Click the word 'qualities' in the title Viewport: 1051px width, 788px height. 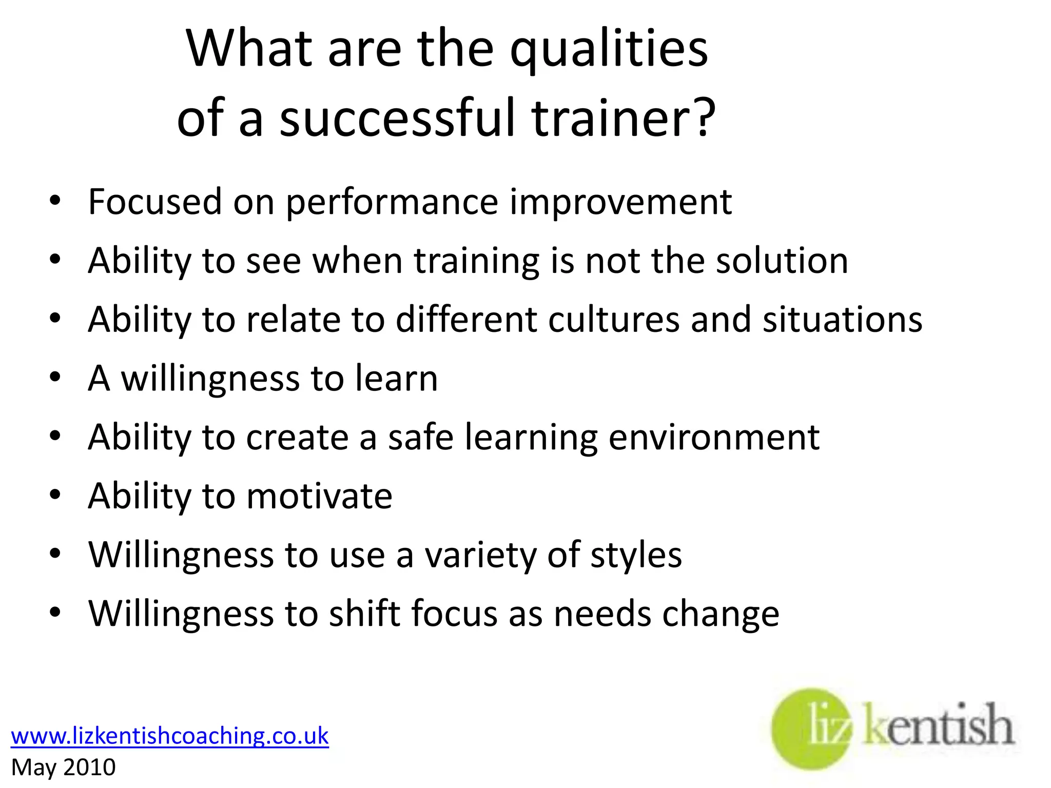[609, 49]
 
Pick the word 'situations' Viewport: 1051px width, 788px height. [842, 319]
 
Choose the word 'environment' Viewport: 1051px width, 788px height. [714, 437]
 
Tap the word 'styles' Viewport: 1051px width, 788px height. [636, 555]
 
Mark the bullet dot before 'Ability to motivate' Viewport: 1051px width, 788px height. [55, 496]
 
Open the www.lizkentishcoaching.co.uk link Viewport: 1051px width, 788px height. [170, 736]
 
